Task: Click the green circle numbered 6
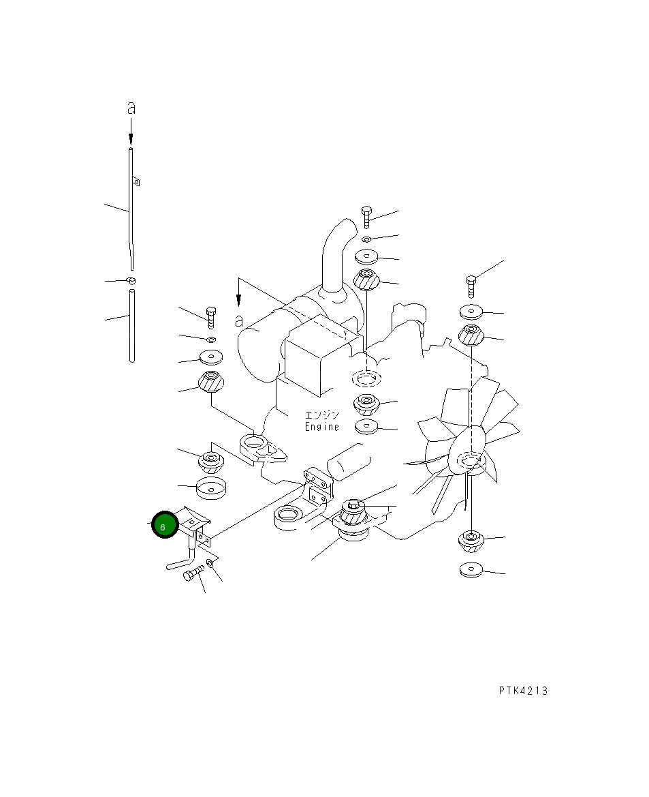coord(165,524)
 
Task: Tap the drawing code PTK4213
coord(523,691)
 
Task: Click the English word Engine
coord(322,427)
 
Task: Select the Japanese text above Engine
coord(322,415)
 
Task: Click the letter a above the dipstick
coord(131,108)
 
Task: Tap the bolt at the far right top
coord(471,286)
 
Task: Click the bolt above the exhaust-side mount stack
coord(366,217)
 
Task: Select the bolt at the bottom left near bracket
coord(193,574)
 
